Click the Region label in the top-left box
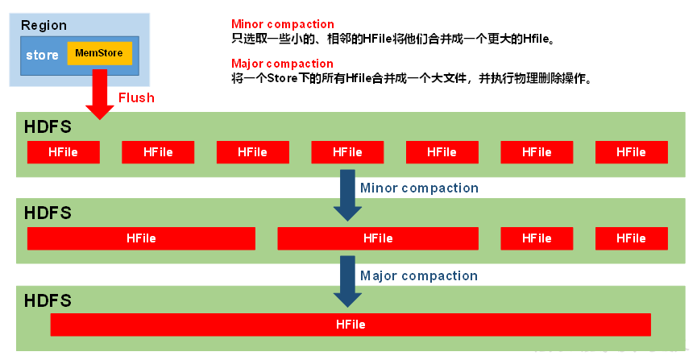(x=44, y=25)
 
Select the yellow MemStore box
(x=99, y=54)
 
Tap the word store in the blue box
(x=42, y=56)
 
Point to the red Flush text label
(x=136, y=98)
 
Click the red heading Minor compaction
(x=282, y=24)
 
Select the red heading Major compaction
(x=282, y=64)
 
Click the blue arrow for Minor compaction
(x=348, y=195)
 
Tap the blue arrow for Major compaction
(x=348, y=282)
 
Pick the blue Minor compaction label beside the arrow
(x=419, y=188)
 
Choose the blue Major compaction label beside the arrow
(x=419, y=275)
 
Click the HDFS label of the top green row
(x=48, y=126)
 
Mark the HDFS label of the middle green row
(x=48, y=213)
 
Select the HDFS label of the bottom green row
(x=48, y=300)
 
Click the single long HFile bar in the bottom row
(x=351, y=325)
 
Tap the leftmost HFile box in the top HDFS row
(x=63, y=152)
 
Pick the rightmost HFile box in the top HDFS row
(x=631, y=152)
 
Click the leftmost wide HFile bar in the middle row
(x=141, y=238)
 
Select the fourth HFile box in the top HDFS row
(x=347, y=152)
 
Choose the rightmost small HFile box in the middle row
(x=631, y=238)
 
